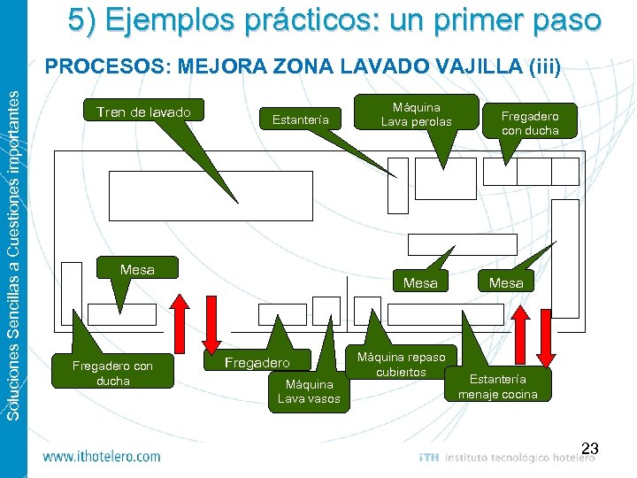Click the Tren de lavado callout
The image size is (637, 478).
143,112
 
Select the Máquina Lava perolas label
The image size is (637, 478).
416,113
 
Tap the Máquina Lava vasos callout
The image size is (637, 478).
305,391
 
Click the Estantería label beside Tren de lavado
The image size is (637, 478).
301,119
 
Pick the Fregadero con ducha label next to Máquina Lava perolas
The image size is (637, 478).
530,122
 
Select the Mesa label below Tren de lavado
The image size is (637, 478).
137,269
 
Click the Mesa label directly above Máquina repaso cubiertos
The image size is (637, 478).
420,283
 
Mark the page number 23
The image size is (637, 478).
590,450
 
